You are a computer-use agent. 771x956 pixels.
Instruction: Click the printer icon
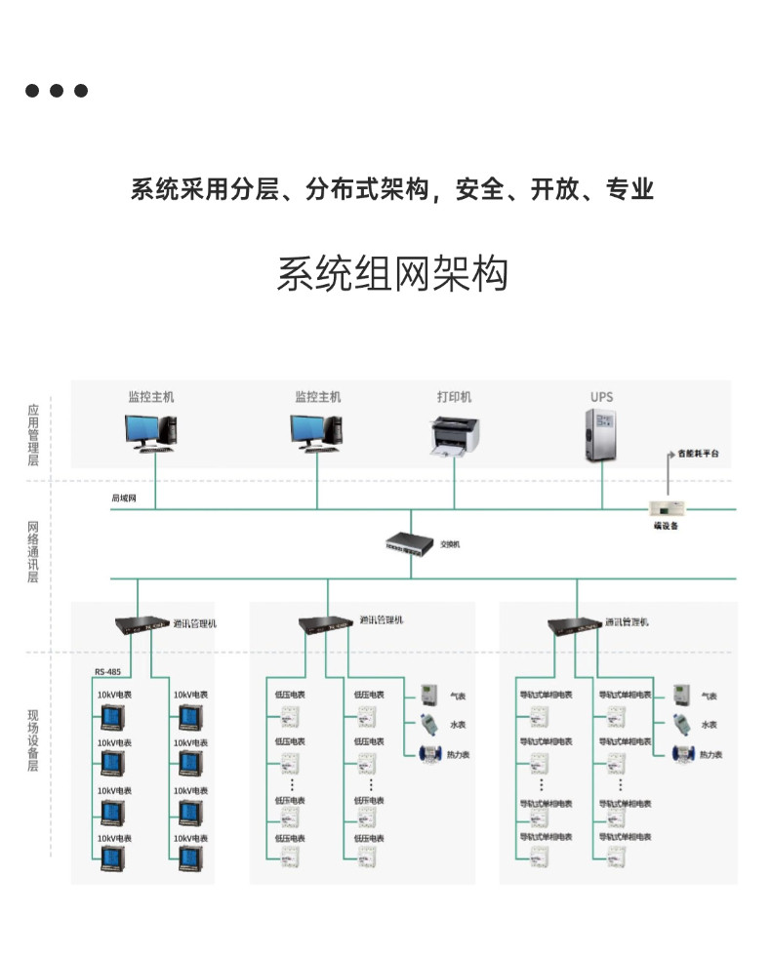pyautogui.click(x=454, y=435)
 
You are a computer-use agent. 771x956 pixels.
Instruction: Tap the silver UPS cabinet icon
pyautogui.click(x=601, y=434)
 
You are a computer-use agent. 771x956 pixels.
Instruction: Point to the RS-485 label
pyautogui.click(x=108, y=671)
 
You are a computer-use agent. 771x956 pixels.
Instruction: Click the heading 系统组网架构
pyautogui.click(x=392, y=274)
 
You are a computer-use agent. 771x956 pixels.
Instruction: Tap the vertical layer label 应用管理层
pyautogui.click(x=32, y=435)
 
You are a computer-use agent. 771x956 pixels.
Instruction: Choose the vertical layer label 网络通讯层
pyautogui.click(x=32, y=552)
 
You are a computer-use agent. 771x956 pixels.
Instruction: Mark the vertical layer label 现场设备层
pyautogui.click(x=32, y=741)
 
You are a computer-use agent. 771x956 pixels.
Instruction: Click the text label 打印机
pyautogui.click(x=454, y=397)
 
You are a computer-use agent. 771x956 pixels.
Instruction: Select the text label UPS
pyautogui.click(x=601, y=397)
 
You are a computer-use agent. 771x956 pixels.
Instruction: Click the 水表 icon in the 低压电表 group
pyautogui.click(x=427, y=724)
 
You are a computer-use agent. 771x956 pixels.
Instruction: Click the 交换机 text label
pyautogui.click(x=450, y=544)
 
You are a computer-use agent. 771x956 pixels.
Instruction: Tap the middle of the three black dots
pyautogui.click(x=57, y=91)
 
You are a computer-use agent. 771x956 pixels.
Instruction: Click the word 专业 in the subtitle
pyautogui.click(x=629, y=189)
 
